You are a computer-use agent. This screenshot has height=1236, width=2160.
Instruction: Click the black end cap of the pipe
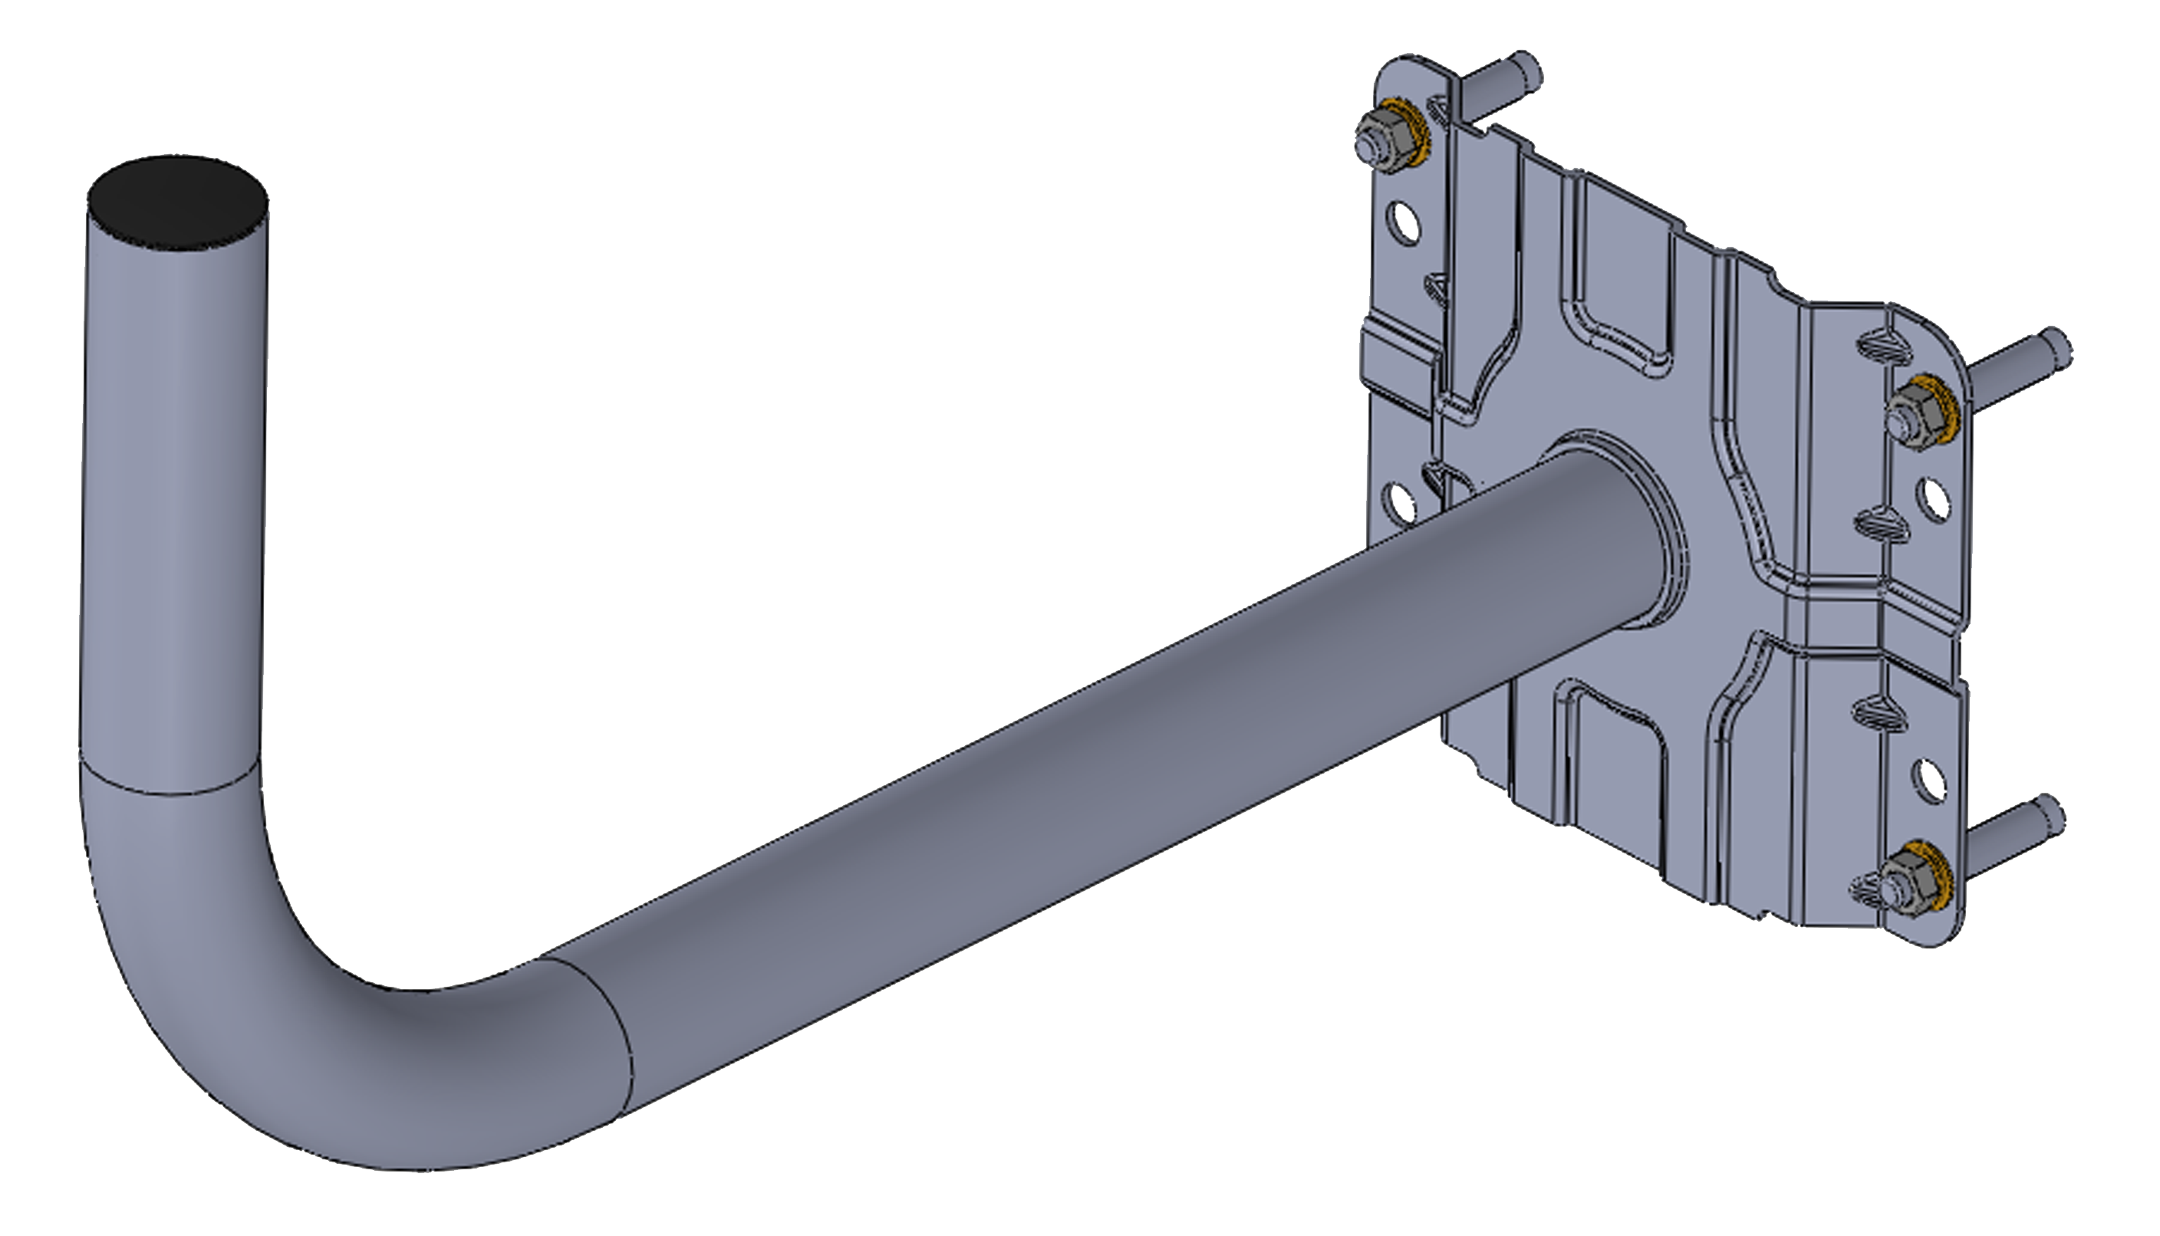click(x=178, y=204)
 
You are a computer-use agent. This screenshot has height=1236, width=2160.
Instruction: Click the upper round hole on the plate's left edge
click(x=1403, y=222)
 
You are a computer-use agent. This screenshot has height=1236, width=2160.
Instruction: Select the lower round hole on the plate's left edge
click(x=1400, y=501)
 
